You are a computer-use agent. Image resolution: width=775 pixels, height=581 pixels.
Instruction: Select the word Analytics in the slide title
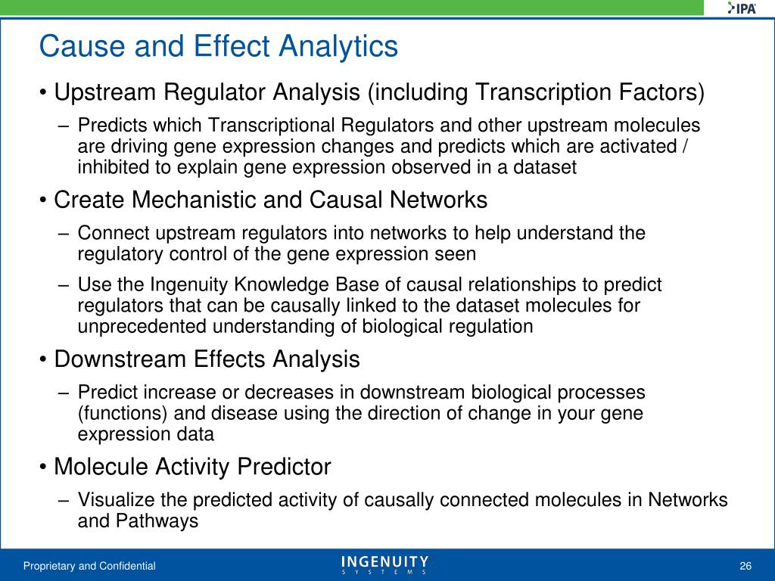pos(338,47)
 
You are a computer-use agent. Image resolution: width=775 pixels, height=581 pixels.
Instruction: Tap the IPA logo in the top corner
pos(742,8)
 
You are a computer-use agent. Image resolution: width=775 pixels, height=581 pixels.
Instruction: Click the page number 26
pos(745,566)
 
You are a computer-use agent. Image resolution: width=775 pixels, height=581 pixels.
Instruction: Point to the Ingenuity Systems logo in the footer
pos(384,564)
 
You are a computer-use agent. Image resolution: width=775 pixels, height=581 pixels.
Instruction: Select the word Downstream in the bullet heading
pos(120,359)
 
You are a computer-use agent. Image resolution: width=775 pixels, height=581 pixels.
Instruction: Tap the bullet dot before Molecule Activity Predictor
pos(43,468)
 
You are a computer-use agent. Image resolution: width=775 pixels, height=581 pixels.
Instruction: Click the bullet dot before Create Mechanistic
pos(43,200)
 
